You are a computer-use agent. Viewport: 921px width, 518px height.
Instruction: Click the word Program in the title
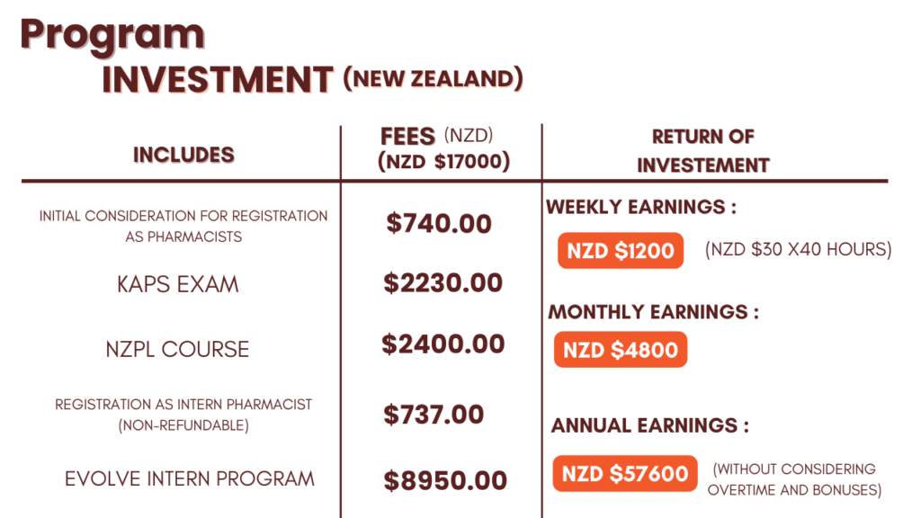pos(112,36)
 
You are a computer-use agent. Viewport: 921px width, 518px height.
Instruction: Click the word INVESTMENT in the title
pos(218,80)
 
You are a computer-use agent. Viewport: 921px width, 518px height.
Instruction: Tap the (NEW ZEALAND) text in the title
pos(433,79)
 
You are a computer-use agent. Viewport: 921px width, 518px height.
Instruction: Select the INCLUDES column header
pos(183,155)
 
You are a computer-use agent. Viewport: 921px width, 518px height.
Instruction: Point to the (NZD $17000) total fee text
pos(444,162)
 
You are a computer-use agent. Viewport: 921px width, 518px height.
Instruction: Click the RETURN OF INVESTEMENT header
pos(703,151)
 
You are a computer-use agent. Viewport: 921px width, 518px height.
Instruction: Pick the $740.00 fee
pos(439,224)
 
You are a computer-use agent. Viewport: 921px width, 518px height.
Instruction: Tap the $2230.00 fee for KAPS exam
pos(443,283)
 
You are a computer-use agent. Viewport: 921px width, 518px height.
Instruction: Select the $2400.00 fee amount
pos(443,344)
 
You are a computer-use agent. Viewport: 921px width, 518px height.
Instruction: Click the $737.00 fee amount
pos(434,415)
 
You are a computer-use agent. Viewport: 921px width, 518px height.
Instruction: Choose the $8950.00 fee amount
pos(445,481)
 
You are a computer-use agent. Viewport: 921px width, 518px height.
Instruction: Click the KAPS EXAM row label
pos(178,285)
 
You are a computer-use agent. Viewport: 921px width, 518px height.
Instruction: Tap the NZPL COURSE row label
pos(177,350)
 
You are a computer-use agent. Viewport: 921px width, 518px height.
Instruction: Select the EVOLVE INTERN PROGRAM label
pos(190,478)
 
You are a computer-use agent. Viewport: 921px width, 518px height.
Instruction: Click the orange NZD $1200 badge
pos(621,251)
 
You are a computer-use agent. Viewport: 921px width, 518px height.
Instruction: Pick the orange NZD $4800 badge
pos(621,350)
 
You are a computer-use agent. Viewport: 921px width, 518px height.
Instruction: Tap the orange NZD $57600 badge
pos(625,474)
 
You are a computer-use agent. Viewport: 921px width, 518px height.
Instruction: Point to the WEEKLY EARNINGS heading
pos(641,208)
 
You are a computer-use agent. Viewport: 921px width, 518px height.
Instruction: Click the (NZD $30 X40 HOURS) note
pos(799,250)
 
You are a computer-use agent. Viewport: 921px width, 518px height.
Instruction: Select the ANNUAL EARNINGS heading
pos(650,425)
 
